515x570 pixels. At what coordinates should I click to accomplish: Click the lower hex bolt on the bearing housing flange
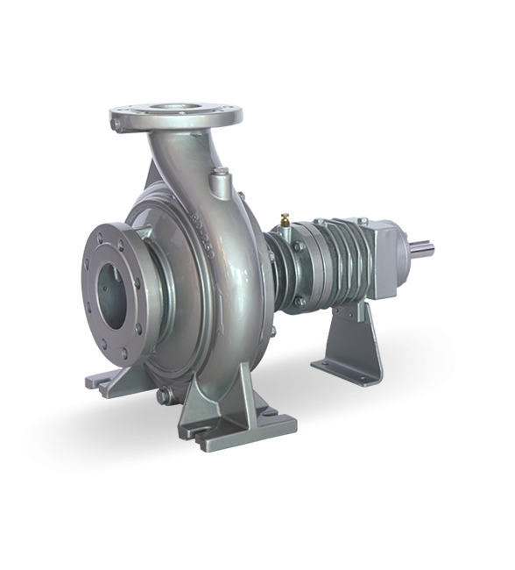click(300, 302)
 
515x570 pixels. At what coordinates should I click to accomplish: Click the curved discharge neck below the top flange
click(180, 162)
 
